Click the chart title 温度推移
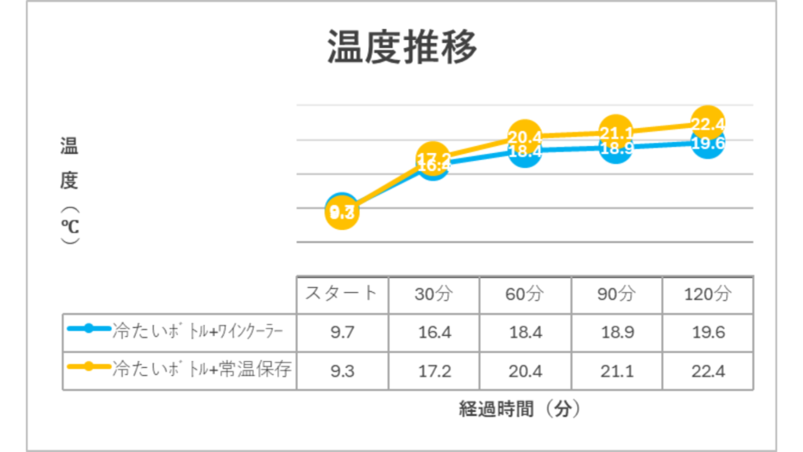(x=401, y=49)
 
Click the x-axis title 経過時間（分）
(x=520, y=409)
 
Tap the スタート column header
(x=342, y=294)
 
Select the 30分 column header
(x=434, y=294)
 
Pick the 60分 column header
(x=525, y=294)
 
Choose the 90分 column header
(x=616, y=294)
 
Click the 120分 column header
(x=708, y=294)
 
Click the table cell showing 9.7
(x=342, y=332)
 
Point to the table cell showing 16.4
(x=434, y=332)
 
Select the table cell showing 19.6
(x=708, y=332)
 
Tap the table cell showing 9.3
(x=342, y=370)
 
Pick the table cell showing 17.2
(x=434, y=370)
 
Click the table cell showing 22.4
(x=708, y=370)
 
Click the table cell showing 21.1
(x=616, y=370)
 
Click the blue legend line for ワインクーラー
(x=89, y=329)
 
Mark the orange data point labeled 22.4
(x=708, y=122)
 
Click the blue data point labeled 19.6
(x=708, y=144)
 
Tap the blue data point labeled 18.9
(x=616, y=149)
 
